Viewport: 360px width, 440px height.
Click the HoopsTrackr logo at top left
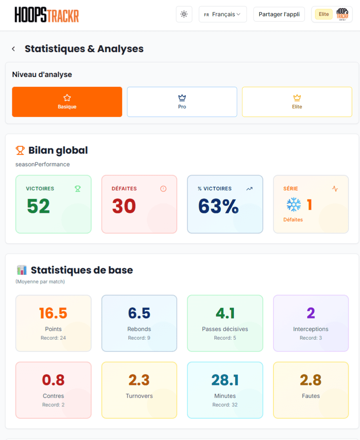click(x=47, y=15)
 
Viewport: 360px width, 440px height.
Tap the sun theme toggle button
click(x=184, y=14)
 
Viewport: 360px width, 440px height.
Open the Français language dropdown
click(x=222, y=14)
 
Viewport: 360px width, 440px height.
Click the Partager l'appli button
click(x=279, y=14)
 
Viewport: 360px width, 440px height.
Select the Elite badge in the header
click(x=324, y=14)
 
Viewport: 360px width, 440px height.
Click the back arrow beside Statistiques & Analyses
click(x=13, y=49)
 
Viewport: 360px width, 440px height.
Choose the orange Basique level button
click(x=67, y=102)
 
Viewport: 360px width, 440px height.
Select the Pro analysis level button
click(x=182, y=102)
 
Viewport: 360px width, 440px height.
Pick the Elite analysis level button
click(x=297, y=102)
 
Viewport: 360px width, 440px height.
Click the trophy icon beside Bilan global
click(x=20, y=150)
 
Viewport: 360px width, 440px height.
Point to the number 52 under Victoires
click(x=38, y=206)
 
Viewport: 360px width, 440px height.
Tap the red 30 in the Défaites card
click(x=124, y=206)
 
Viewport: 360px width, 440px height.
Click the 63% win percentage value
click(x=218, y=206)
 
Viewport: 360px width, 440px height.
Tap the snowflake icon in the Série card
click(x=293, y=205)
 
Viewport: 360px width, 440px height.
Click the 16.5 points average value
click(x=53, y=313)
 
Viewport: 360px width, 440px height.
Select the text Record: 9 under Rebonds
click(x=139, y=338)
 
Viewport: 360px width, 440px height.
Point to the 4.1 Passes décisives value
click(x=225, y=313)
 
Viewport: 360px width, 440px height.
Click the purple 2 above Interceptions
click(x=311, y=313)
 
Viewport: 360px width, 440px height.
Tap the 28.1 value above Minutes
click(x=225, y=380)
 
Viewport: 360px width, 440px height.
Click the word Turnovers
click(x=139, y=396)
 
